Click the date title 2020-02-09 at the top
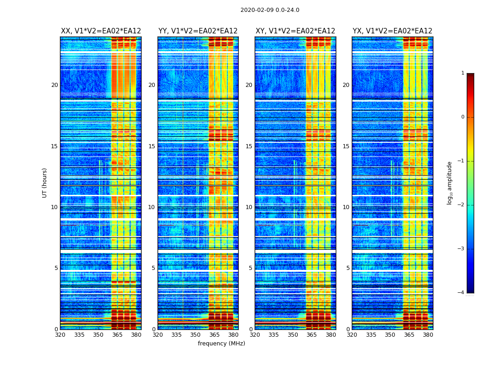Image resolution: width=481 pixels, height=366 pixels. click(270, 10)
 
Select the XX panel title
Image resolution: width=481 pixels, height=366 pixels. click(101, 31)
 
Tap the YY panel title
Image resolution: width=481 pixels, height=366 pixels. click(198, 31)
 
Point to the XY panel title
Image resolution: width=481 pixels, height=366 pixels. click(295, 31)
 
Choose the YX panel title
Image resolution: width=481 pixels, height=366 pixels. click(392, 31)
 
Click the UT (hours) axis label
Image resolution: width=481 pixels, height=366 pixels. click(45, 183)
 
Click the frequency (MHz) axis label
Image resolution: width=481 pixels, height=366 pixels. click(221, 344)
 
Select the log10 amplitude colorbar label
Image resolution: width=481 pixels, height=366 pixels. click(450, 183)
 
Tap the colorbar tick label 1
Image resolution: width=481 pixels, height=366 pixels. click(462, 73)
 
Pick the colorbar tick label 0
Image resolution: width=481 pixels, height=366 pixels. click(462, 117)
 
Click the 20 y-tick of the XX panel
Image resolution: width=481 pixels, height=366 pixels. click(55, 85)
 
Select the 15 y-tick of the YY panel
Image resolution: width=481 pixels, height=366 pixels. click(152, 146)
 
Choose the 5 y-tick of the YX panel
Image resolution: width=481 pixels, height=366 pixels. click(348, 268)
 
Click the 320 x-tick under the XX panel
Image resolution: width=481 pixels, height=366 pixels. click(60, 335)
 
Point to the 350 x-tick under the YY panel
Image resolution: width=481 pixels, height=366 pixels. click(196, 335)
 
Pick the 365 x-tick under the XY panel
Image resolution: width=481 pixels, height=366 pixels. click(312, 335)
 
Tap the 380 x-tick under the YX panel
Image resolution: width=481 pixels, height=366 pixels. click(428, 335)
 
